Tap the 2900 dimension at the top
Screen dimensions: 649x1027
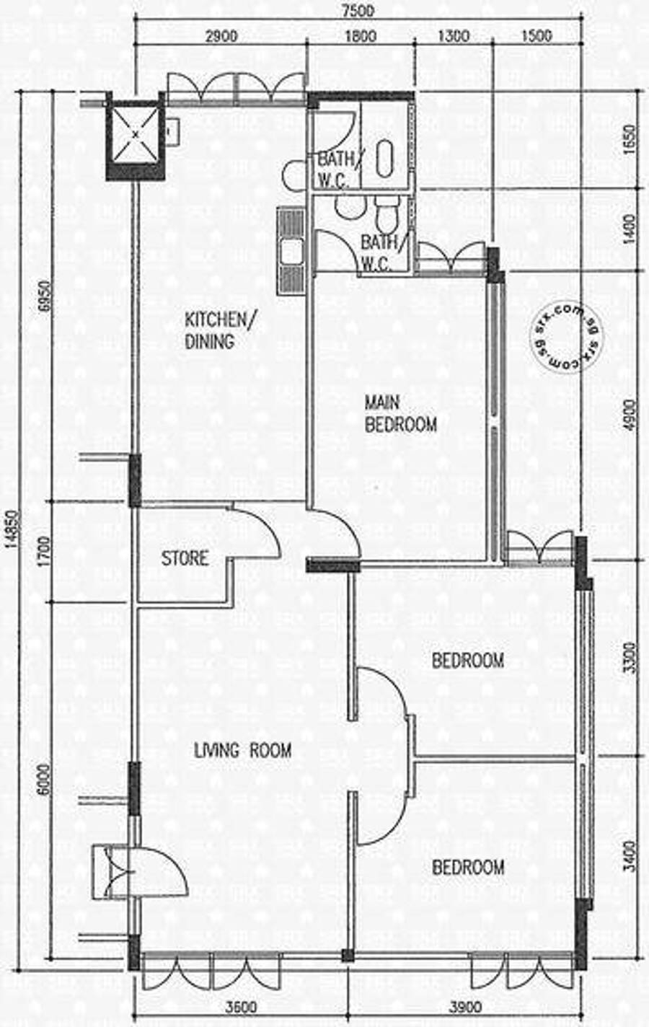tap(221, 36)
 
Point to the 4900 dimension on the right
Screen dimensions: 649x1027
tap(631, 415)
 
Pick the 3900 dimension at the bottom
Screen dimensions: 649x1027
tap(465, 1016)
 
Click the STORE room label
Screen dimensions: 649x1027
tap(185, 558)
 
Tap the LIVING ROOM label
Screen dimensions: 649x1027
tap(243, 751)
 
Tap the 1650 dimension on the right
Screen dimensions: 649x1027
tap(631, 140)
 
